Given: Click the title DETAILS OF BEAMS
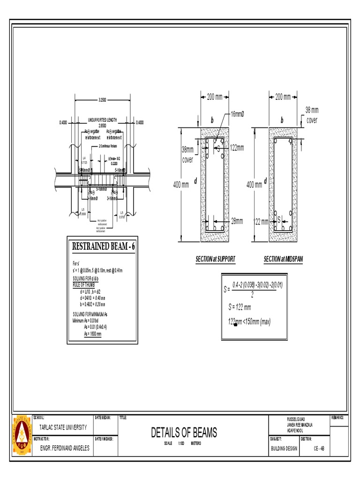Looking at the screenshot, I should (x=184, y=433).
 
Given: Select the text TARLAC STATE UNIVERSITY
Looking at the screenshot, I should (x=63, y=427).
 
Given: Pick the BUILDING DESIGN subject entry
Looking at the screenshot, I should (x=284, y=448).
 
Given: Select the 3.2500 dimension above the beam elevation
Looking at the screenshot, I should (x=102, y=100).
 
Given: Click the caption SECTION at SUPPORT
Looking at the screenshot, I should (x=216, y=259).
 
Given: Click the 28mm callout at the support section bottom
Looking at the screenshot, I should (x=237, y=220).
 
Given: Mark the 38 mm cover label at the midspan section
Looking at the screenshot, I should (x=312, y=115).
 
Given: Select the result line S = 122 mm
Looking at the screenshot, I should (x=240, y=307).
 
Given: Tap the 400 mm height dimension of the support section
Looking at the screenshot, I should (x=181, y=185).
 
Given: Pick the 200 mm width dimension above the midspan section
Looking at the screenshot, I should (x=283, y=97).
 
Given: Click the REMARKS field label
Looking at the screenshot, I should (x=338, y=417).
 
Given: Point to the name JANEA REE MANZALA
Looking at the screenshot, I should (x=300, y=425).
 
